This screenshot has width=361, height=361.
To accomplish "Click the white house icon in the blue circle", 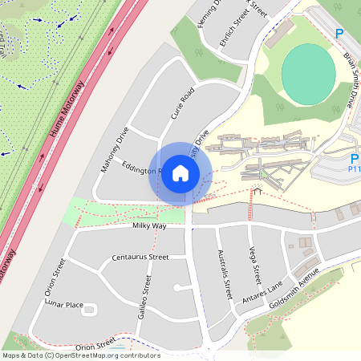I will point(180,172).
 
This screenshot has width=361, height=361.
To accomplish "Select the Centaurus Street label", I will point(141,258).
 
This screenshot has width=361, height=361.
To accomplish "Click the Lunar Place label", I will point(64,305).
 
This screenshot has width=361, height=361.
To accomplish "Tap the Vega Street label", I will point(254,266).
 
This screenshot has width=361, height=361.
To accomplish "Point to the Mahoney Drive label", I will point(114,149).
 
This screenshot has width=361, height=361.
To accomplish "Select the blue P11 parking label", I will point(354,169).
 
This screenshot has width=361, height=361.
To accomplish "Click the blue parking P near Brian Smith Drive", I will point(339,34).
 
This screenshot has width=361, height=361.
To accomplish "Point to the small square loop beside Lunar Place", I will point(89,309).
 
